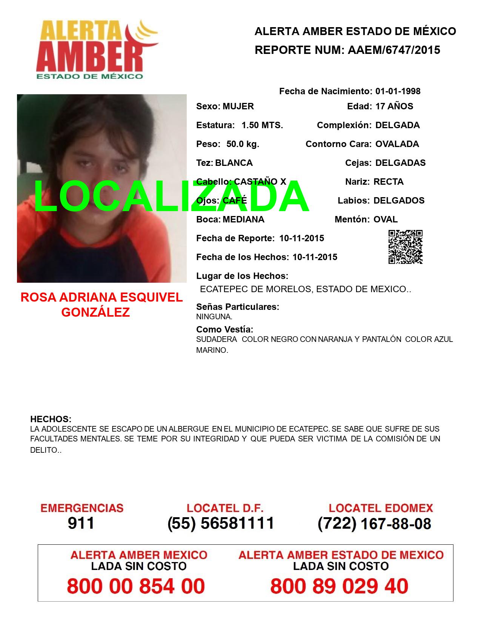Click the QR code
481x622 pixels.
coord(405,247)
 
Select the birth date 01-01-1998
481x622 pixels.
coord(398,91)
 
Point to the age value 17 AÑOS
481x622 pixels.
coord(394,106)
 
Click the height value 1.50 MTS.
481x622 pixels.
coord(262,125)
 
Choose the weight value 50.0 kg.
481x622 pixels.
coord(243,144)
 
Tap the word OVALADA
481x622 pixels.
coord(397,144)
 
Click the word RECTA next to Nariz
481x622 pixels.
coord(388,182)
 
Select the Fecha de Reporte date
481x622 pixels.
coord(301,238)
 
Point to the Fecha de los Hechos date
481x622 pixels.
coord(315,257)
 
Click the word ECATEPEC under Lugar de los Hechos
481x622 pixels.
coord(220,290)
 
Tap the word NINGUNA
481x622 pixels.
coord(214,317)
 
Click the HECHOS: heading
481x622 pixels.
coord(51,419)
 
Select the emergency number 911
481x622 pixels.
coord(81,523)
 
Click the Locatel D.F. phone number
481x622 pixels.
coord(221,523)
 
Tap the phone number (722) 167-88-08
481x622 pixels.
coord(374,523)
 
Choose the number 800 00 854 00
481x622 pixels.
coord(136,586)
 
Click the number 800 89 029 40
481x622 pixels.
coord(339,586)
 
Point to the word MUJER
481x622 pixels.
coord(238,106)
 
